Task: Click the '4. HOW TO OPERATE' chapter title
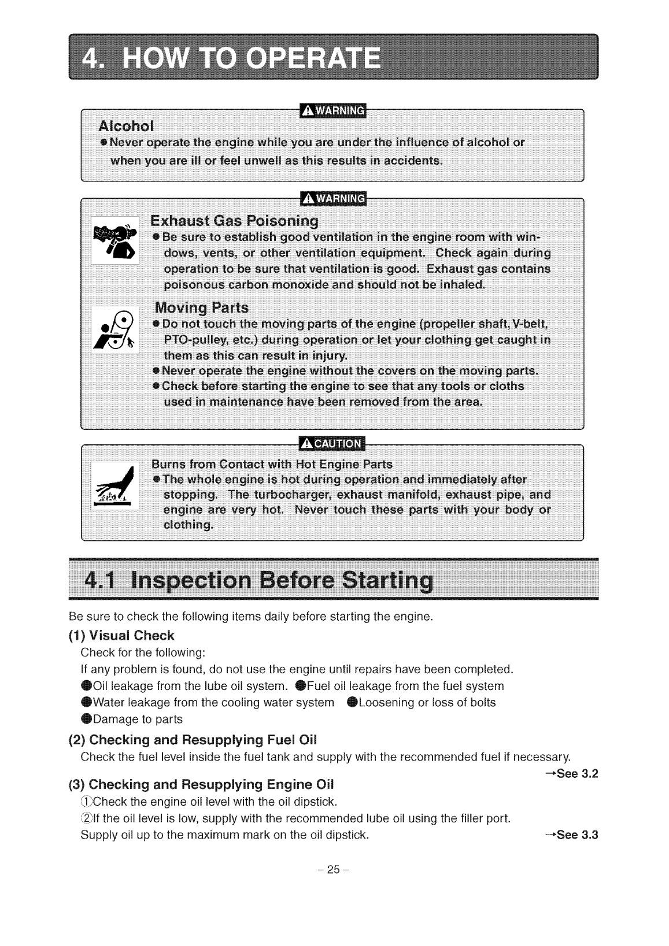(231, 58)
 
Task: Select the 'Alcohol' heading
(126, 127)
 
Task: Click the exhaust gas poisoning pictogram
(115, 239)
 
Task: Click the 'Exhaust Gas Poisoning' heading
(234, 221)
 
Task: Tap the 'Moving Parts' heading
(201, 307)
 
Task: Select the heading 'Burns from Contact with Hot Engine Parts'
(271, 464)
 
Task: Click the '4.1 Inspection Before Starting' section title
(258, 581)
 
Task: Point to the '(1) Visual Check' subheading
(121, 636)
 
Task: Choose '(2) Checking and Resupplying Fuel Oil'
(193, 740)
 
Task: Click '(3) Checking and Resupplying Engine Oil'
(201, 784)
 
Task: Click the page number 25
(334, 871)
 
